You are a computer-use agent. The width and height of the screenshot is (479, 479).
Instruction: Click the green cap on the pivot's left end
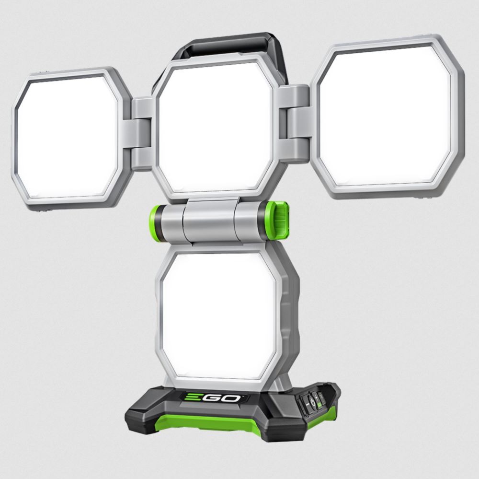tap(154, 223)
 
